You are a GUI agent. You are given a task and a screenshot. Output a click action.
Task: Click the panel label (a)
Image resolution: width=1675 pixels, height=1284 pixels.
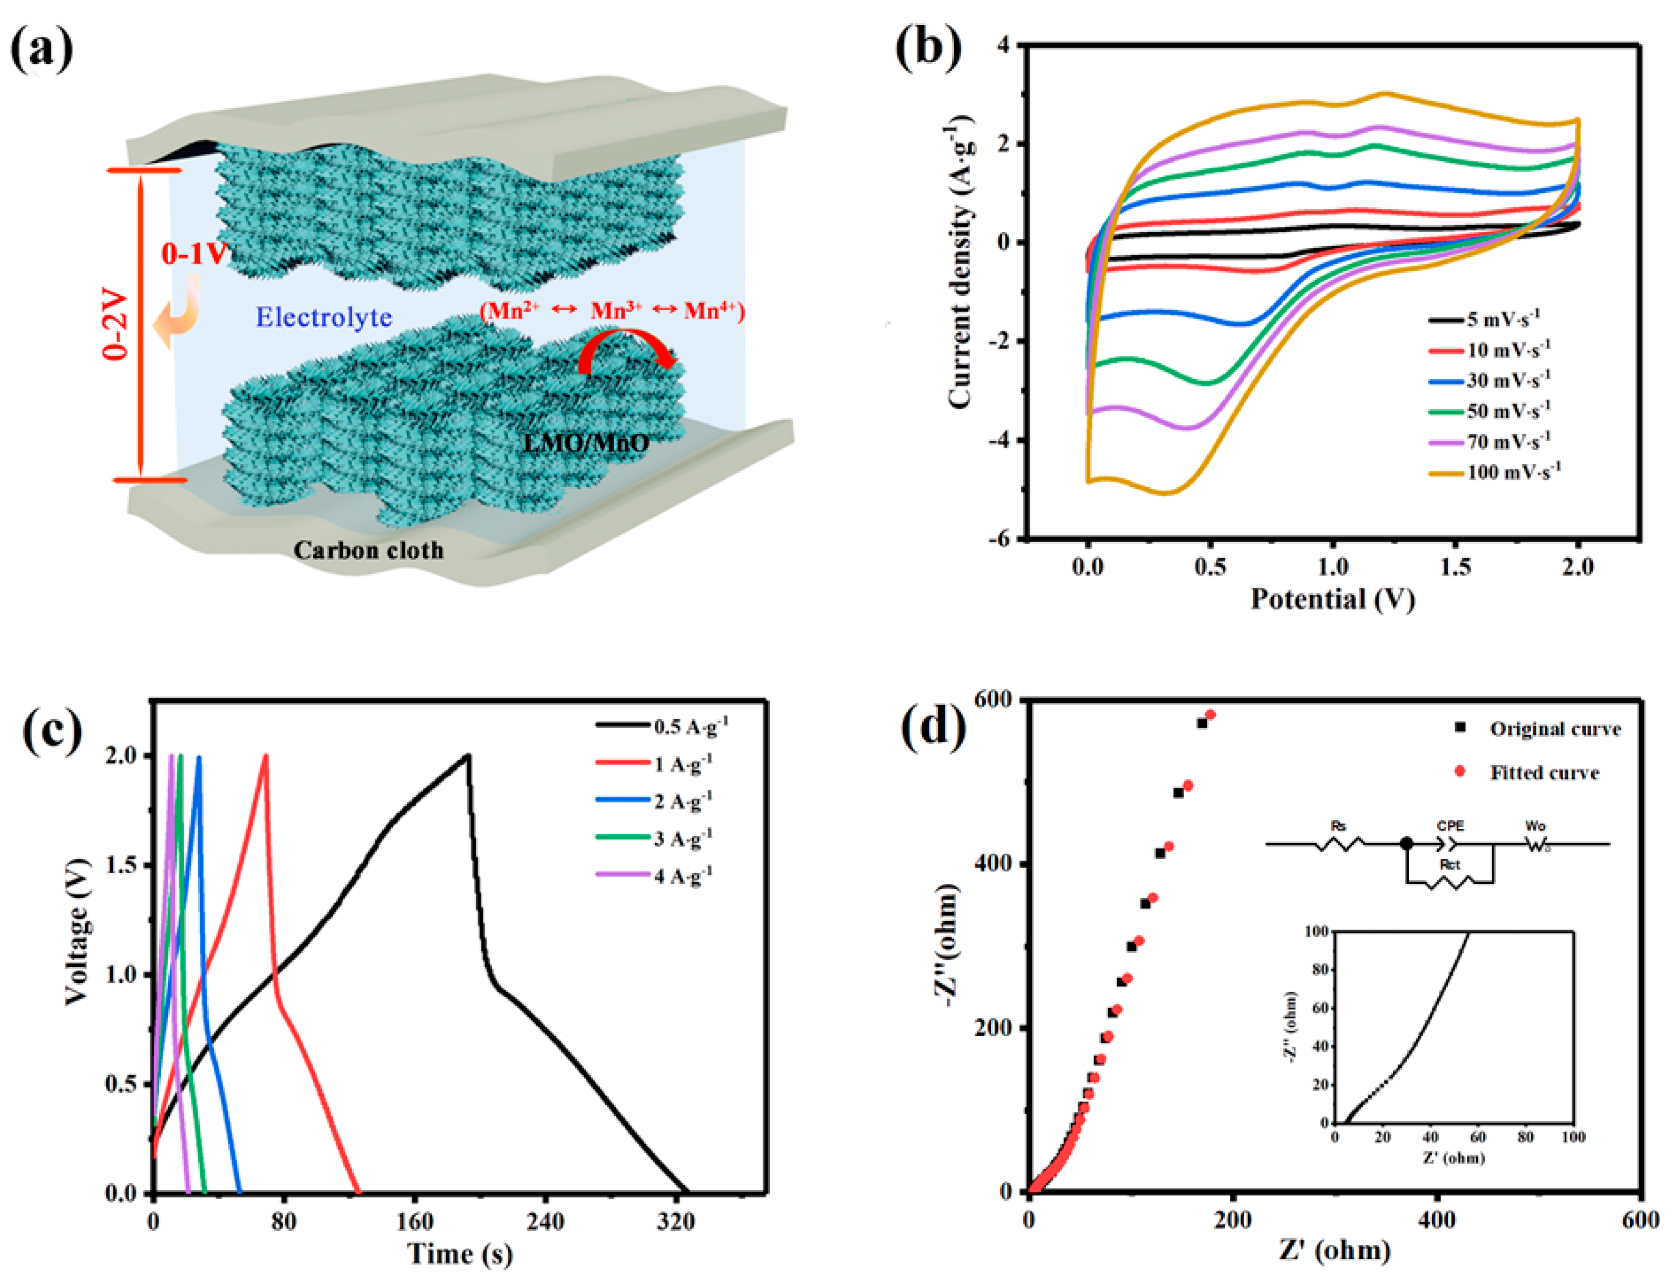pyautogui.click(x=42, y=47)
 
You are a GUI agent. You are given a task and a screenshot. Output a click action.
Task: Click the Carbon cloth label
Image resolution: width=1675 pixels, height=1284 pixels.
pyautogui.click(x=369, y=551)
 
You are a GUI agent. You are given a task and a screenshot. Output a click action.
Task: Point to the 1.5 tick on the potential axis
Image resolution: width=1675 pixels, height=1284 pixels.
pyautogui.click(x=1455, y=566)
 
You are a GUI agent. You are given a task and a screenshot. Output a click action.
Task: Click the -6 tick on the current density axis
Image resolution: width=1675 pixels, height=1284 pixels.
pyautogui.click(x=998, y=539)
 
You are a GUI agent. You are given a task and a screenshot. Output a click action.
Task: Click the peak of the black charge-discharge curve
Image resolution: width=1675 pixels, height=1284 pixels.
pyautogui.click(x=468, y=756)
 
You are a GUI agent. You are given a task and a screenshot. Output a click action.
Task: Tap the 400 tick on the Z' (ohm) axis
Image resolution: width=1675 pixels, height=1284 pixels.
pyautogui.click(x=1437, y=1220)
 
